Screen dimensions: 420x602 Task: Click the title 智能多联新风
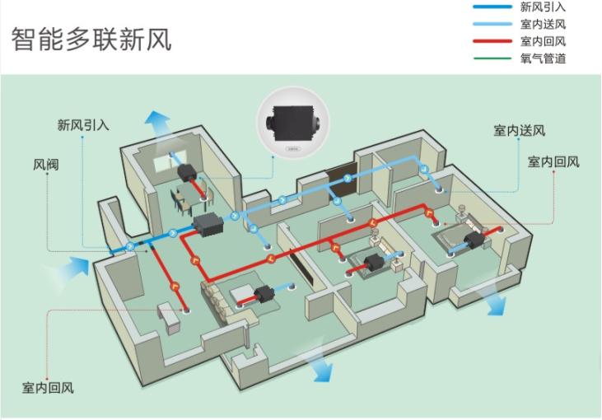coord(91,38)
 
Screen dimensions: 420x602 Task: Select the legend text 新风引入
coord(543,7)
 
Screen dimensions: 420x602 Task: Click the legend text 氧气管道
coord(543,58)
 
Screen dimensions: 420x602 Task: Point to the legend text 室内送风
coord(543,25)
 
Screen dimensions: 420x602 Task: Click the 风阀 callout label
coord(46,164)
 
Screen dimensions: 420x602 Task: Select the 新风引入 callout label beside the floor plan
coord(83,125)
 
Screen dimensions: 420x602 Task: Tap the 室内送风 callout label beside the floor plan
coord(519,131)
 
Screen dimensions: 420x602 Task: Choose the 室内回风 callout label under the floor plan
coord(48,387)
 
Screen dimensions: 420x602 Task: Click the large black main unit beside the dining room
coord(207,223)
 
